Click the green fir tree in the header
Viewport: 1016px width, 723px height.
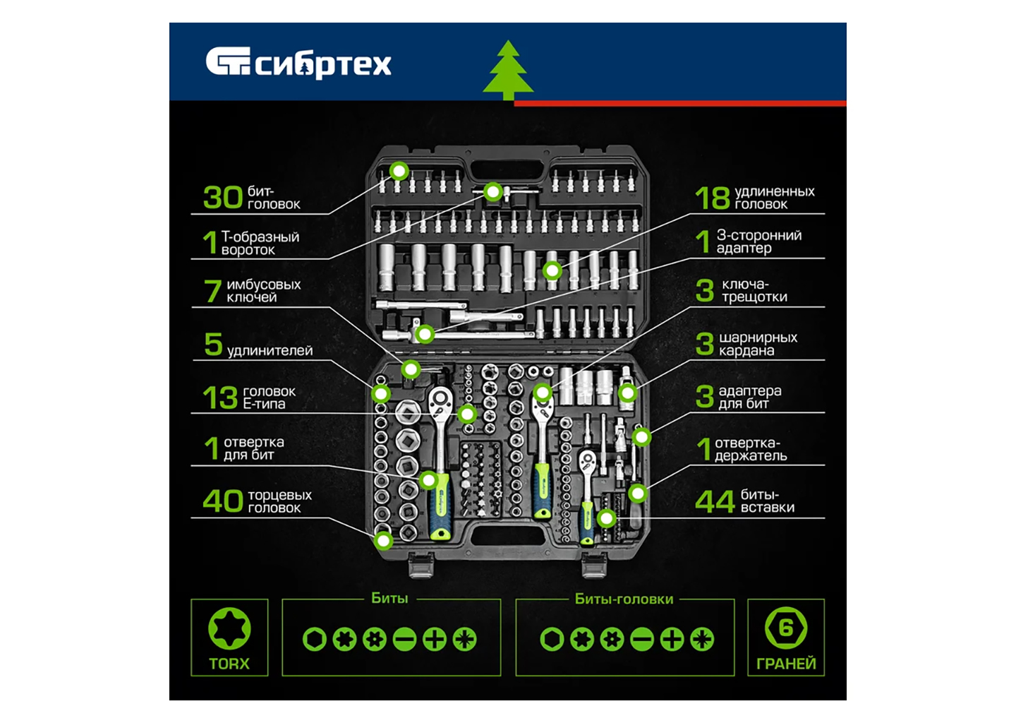[x=508, y=71]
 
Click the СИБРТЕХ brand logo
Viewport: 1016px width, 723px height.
[x=298, y=63]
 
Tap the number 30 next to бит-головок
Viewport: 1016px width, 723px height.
[x=223, y=198]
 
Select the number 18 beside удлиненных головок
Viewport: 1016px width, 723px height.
[x=713, y=198]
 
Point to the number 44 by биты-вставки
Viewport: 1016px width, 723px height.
[x=714, y=501]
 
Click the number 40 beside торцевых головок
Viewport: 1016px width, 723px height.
[x=223, y=501]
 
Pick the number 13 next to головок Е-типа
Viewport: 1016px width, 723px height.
[x=220, y=398]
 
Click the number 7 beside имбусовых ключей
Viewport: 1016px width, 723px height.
[x=212, y=291]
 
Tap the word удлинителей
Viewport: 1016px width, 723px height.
[x=270, y=351]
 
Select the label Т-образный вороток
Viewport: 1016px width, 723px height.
[x=260, y=244]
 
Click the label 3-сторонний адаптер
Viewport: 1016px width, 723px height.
[x=759, y=242]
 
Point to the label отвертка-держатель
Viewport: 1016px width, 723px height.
[x=751, y=449]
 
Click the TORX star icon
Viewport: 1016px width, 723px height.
[x=229, y=628]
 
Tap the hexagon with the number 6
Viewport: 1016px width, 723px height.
[x=786, y=628]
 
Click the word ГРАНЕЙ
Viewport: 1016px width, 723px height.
[x=786, y=664]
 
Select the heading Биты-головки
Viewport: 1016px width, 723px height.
[x=624, y=599]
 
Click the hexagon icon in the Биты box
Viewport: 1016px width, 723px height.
[x=315, y=640]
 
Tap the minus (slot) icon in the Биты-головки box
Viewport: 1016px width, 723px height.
[x=642, y=640]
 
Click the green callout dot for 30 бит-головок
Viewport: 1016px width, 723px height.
[x=399, y=171]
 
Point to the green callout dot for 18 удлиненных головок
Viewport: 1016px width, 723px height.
[x=552, y=271]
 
